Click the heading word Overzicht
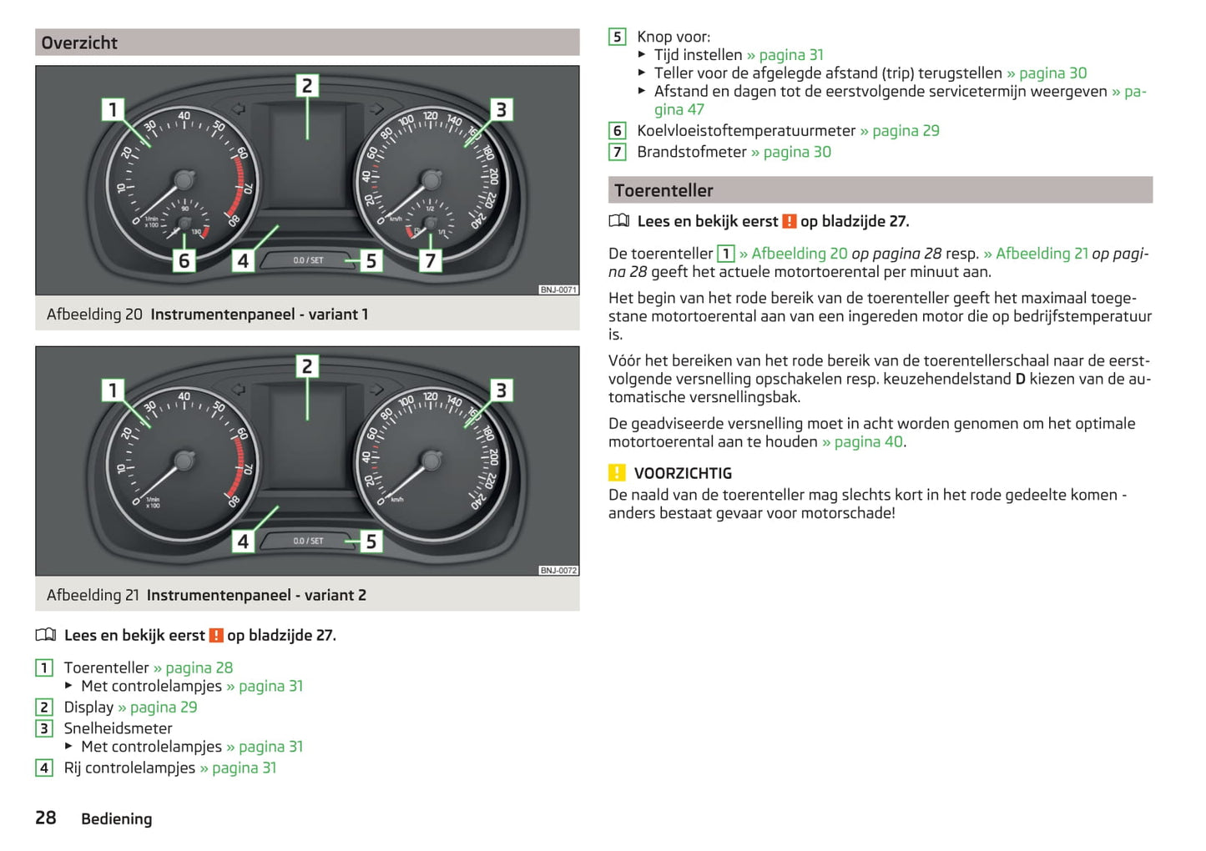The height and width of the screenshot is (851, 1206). [79, 43]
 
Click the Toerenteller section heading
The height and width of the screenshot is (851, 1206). [664, 190]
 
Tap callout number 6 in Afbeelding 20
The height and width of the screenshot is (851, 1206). [184, 260]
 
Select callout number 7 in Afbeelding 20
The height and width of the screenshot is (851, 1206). [430, 260]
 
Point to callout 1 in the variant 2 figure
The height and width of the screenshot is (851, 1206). [113, 390]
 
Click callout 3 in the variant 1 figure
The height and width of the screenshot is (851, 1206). [502, 109]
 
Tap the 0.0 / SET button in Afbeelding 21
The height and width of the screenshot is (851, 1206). [308, 541]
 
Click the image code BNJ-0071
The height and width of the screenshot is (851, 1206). [558, 290]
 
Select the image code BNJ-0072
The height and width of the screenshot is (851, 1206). [558, 570]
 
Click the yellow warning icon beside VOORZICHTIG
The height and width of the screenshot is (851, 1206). [617, 472]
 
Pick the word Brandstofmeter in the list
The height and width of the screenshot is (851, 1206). [692, 152]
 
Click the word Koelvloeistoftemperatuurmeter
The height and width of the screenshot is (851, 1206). [746, 130]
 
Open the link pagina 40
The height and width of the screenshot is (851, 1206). [869, 442]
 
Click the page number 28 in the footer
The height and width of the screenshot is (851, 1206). [46, 818]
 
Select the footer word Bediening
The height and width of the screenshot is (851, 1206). [117, 818]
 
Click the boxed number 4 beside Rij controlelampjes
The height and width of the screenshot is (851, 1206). [44, 768]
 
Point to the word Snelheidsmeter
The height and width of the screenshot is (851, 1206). [118, 728]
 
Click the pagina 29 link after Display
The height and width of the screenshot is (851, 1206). [164, 707]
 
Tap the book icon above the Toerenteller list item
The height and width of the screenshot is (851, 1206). [46, 635]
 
